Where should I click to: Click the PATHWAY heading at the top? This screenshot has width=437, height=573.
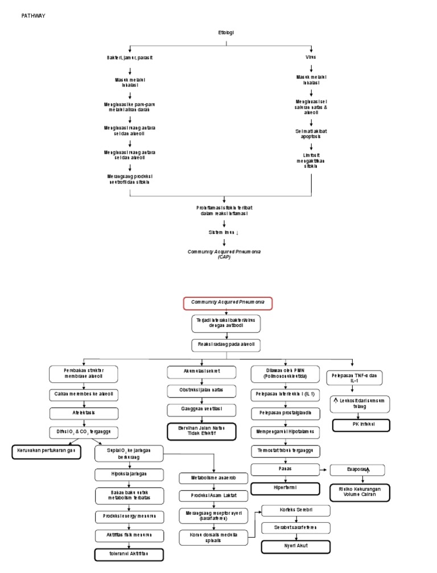tap(33, 15)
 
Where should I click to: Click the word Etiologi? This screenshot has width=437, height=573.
tap(226, 33)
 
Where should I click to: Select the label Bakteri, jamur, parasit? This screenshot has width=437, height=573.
tap(130, 58)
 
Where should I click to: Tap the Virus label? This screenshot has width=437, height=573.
tap(311, 58)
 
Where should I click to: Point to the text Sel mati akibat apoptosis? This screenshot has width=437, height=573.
tap(311, 134)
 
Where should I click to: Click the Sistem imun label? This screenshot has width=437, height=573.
tap(224, 232)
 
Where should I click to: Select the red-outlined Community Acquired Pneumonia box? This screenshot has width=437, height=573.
tap(227, 303)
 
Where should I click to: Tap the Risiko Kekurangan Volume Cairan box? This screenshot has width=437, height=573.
tap(360, 492)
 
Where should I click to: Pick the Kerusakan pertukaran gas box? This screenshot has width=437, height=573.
tap(47, 452)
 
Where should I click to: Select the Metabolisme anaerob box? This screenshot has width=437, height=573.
tap(213, 477)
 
